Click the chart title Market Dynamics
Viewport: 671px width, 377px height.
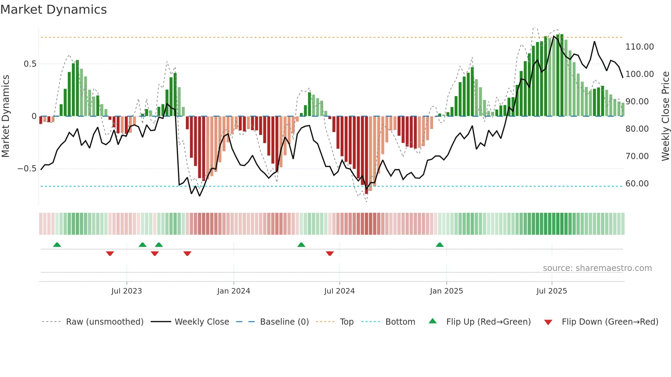pyautogui.click(x=53, y=10)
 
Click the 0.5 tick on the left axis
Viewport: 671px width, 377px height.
pyautogui.click(x=30, y=64)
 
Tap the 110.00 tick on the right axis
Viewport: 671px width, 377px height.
pyautogui.click(x=639, y=47)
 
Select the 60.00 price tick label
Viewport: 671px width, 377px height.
pyautogui.click(x=637, y=184)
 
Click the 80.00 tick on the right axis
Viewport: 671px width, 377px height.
pyautogui.click(x=637, y=129)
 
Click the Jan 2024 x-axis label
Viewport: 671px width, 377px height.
pyautogui.click(x=233, y=291)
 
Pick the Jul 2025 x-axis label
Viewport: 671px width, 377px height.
pyautogui.click(x=552, y=291)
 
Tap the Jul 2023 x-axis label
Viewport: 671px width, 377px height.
pyautogui.click(x=126, y=291)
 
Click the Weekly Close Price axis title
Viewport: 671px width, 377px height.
pyautogui.click(x=665, y=116)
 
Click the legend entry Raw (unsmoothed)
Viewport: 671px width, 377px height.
pyautogui.click(x=104, y=322)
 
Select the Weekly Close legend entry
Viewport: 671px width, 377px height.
pyautogui.click(x=202, y=322)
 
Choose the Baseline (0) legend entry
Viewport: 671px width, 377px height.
pyautogui.click(x=284, y=322)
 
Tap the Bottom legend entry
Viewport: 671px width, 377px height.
pyautogui.click(x=400, y=322)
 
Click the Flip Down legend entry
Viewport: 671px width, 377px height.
pyautogui.click(x=610, y=322)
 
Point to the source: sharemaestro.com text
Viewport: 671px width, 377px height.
pyautogui.click(x=597, y=268)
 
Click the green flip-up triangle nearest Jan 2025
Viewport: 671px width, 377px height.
pyautogui.click(x=440, y=245)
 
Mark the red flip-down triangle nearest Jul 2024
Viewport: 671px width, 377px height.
pyautogui.click(x=330, y=253)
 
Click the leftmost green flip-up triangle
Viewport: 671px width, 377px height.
pyautogui.click(x=57, y=245)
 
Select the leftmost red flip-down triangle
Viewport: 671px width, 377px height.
pyautogui.click(x=110, y=253)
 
